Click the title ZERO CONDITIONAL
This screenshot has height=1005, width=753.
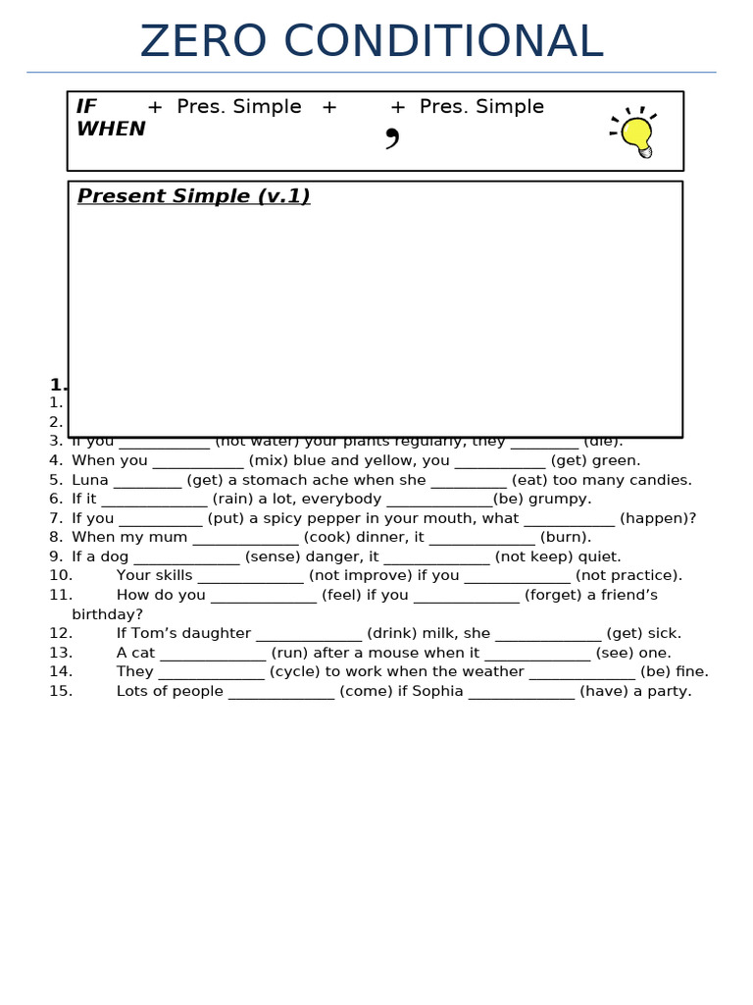pos(371,42)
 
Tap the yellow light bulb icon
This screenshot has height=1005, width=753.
pos(636,134)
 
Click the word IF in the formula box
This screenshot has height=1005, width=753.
pos(86,107)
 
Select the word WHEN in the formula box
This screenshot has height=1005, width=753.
pos(111,130)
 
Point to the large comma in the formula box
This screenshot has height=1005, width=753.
pos(392,138)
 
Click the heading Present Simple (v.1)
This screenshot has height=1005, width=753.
pos(193,196)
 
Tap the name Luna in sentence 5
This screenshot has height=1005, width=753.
pos(90,480)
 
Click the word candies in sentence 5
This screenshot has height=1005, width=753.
pos(661,480)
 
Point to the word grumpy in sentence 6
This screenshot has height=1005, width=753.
pos(560,499)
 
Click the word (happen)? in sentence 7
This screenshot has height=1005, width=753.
pos(657,518)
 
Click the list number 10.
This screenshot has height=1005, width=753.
pos(61,575)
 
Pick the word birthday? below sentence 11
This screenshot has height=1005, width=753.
pos(107,614)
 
